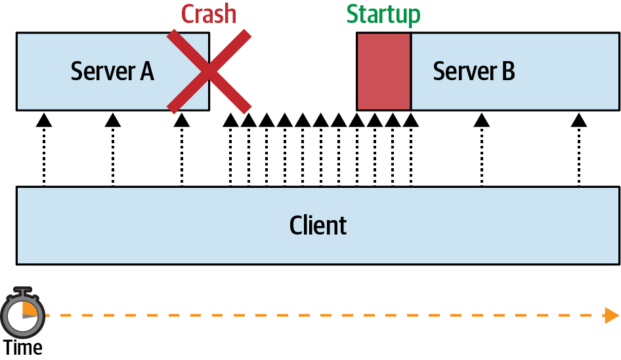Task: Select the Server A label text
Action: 112,71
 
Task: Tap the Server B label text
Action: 474,71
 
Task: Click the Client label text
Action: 318,225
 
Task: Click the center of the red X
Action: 209,71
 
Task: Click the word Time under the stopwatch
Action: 23,348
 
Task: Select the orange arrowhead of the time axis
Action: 610,315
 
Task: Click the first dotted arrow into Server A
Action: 43,151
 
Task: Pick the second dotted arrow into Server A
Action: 113,151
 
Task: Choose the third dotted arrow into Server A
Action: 182,151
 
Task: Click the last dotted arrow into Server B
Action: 578,151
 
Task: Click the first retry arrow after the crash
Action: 230,151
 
